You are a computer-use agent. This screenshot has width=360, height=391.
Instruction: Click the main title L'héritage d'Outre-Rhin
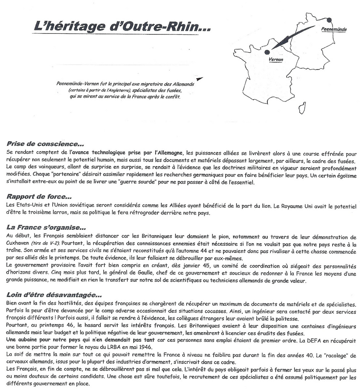tap(122, 26)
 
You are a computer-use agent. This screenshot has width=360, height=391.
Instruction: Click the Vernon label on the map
tap(276, 60)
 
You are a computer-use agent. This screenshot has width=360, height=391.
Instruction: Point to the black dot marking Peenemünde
tap(329, 20)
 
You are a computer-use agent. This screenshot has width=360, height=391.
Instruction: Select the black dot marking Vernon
tap(267, 52)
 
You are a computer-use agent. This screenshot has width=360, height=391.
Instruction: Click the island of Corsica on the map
tap(302, 107)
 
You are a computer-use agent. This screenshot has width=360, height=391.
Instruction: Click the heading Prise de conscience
tap(45, 144)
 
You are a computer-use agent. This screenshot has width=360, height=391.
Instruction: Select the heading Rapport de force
tap(39, 197)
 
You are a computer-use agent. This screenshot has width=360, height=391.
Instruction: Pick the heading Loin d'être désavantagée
tap(54, 295)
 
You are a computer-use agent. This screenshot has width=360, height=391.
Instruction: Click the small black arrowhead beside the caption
tap(200, 79)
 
